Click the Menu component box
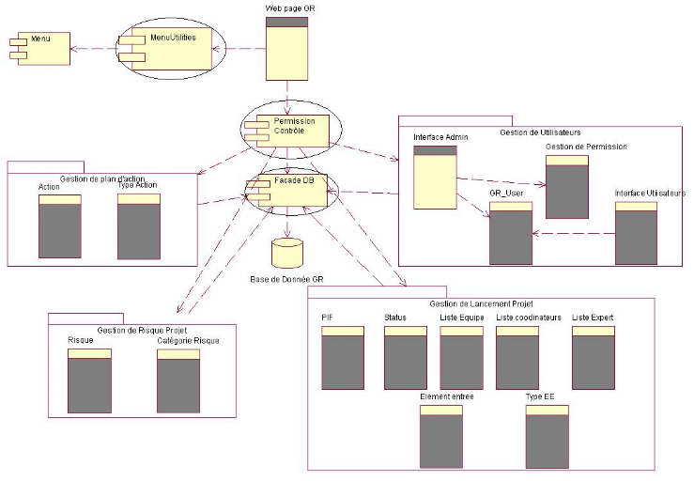[x=43, y=49]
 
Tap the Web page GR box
[x=287, y=49]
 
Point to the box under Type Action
[x=139, y=226]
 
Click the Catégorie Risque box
[x=177, y=381]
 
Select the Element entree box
[x=441, y=436]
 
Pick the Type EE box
[x=547, y=436]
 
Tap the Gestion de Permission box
[x=566, y=187]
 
